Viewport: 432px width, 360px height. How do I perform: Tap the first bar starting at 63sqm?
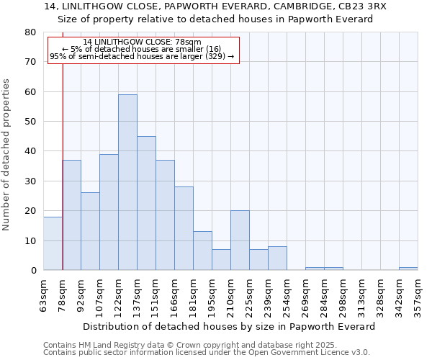[x=53, y=243]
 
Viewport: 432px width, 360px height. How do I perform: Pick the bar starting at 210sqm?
[x=240, y=240]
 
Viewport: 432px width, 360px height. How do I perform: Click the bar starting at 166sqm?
[x=184, y=228]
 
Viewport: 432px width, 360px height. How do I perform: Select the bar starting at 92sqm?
[x=90, y=231]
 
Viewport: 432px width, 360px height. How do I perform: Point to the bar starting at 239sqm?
[x=277, y=258]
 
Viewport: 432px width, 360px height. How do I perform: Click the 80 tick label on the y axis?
[x=31, y=32]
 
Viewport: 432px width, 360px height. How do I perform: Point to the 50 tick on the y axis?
[x=31, y=122]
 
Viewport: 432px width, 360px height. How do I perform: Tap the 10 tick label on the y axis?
[x=31, y=240]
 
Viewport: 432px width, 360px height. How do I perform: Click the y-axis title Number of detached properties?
[x=7, y=156]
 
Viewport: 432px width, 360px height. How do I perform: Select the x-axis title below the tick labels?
[x=230, y=326]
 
